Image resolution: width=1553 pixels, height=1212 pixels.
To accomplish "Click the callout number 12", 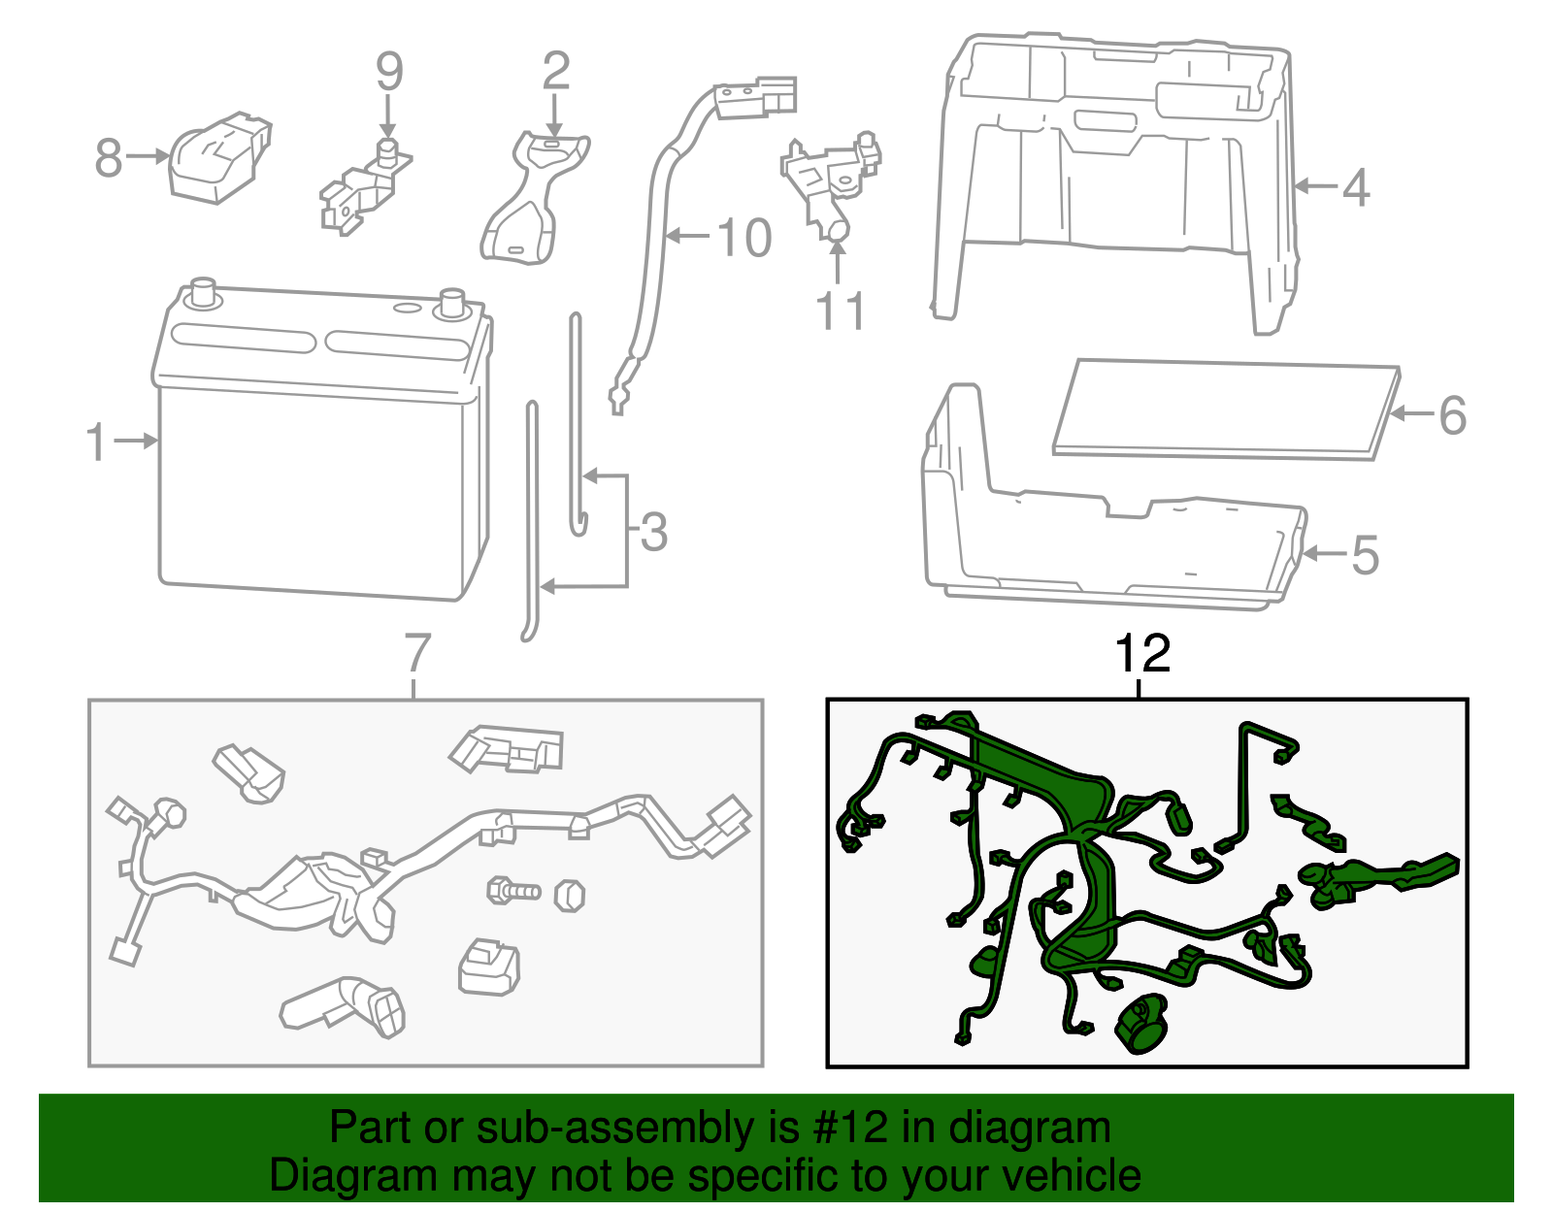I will [1142, 655].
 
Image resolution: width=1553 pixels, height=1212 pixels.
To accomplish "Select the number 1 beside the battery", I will [95, 442].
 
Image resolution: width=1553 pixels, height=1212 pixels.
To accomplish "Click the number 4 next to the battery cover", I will [1356, 187].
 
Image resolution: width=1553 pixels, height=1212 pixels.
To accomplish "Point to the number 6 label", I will [1452, 415].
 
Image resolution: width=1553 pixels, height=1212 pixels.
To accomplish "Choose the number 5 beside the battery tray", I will [1365, 556].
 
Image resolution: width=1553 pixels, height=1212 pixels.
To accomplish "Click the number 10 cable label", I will [743, 238].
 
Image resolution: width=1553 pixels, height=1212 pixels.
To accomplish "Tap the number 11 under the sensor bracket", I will [840, 311].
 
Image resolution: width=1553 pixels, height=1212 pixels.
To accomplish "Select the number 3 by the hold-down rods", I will [654, 533].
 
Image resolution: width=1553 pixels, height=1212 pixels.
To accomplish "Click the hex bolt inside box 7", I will [512, 889].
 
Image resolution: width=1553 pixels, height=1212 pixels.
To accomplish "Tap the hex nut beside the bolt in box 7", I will [570, 894].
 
